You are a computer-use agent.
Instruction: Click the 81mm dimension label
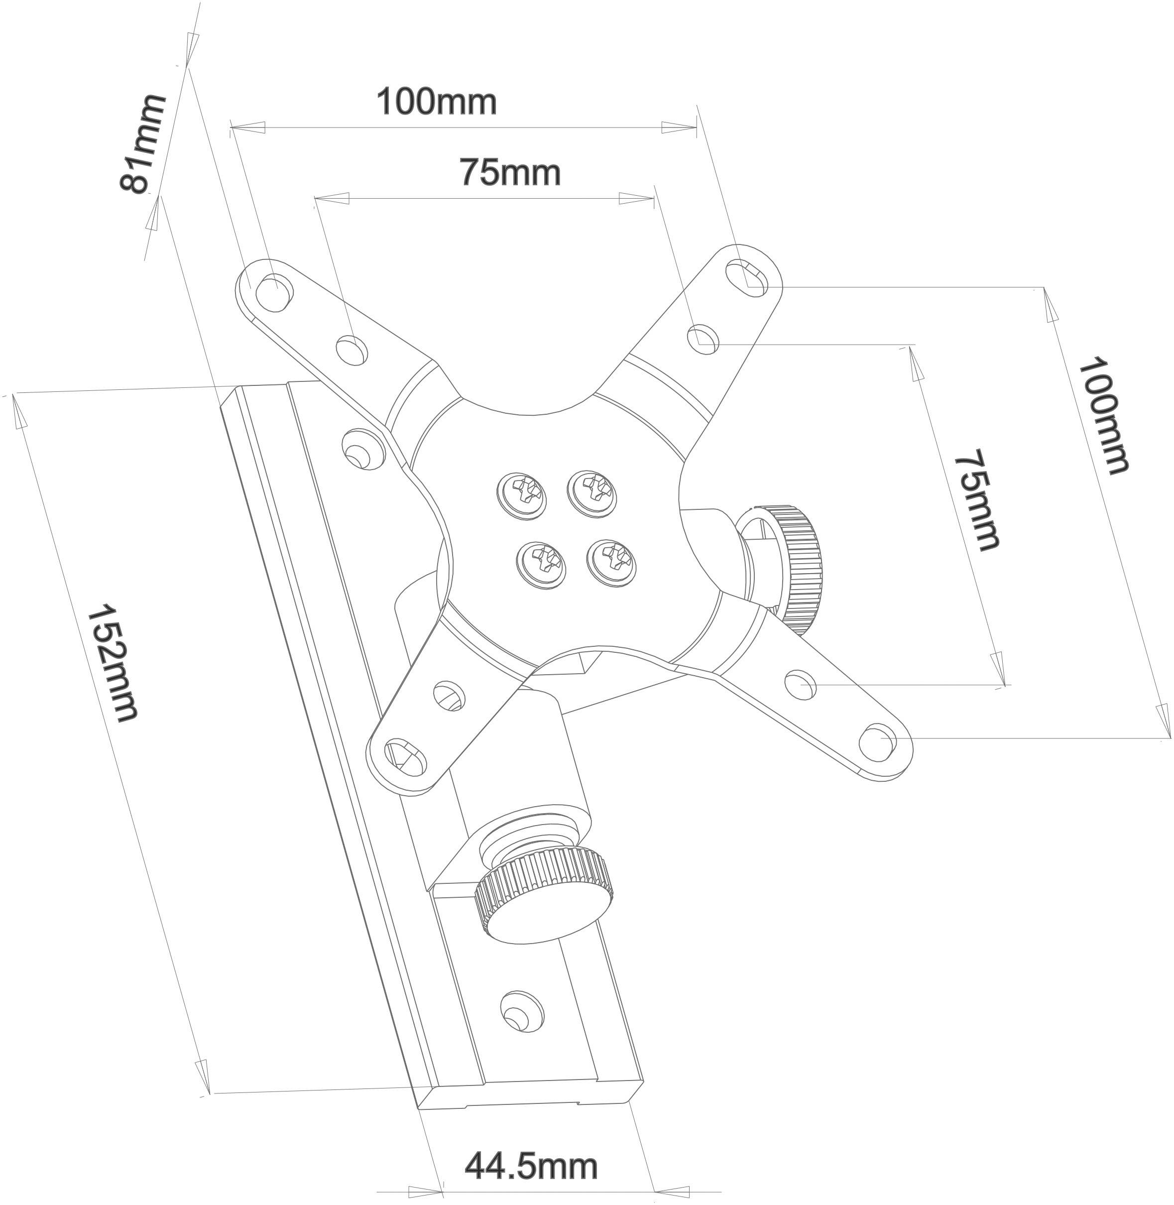pyautogui.click(x=143, y=144)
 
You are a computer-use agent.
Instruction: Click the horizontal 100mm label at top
pyautogui.click(x=437, y=102)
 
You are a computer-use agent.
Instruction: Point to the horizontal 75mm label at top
pyautogui.click(x=510, y=173)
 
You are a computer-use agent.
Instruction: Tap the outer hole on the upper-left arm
pyautogui.click(x=272, y=290)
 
